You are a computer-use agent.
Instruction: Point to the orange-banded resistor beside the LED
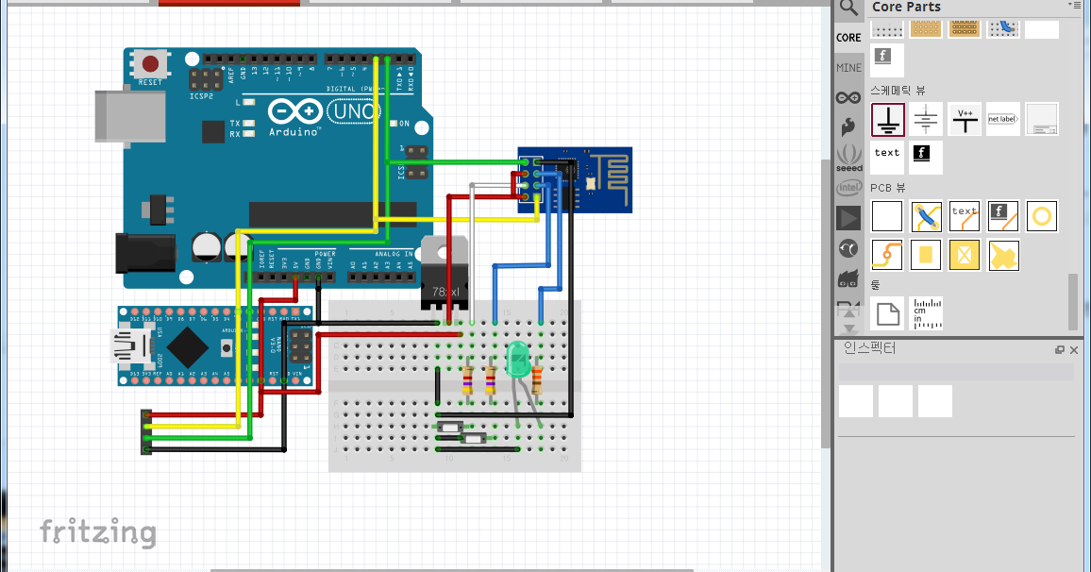(x=537, y=379)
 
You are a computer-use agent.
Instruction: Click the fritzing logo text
(x=97, y=531)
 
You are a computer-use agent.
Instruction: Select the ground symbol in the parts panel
(x=887, y=120)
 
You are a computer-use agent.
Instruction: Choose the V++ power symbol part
(x=965, y=120)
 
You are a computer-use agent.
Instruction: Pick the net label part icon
(x=1003, y=120)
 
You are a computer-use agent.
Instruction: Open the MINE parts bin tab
(x=848, y=68)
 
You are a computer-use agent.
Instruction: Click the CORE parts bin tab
(x=848, y=38)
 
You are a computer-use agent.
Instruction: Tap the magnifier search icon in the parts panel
(x=849, y=8)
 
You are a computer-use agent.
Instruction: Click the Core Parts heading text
(x=905, y=8)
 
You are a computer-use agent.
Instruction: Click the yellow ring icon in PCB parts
(x=1041, y=216)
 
